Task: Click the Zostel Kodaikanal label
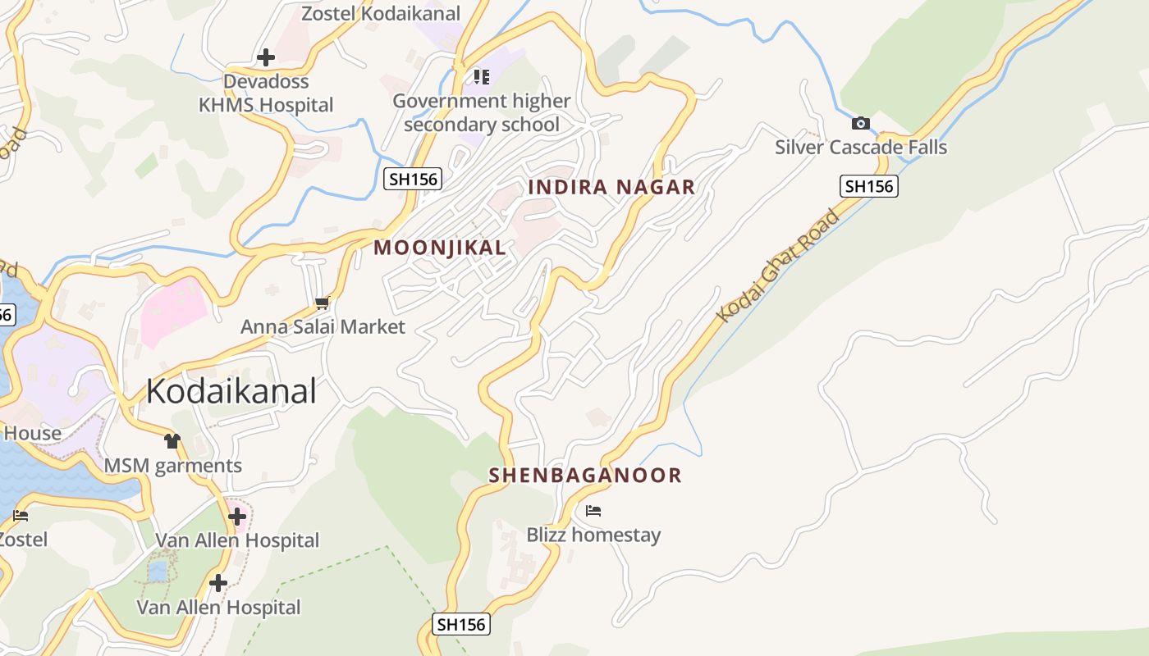(x=381, y=14)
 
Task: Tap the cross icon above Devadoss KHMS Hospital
(x=265, y=57)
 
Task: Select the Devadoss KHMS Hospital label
(x=266, y=93)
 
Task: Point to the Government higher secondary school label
(x=481, y=112)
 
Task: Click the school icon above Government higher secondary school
(x=481, y=77)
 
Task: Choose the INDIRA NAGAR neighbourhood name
(x=611, y=187)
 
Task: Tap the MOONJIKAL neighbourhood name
(x=440, y=248)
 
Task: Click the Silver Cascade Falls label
(x=861, y=148)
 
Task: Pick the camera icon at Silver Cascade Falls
(x=860, y=124)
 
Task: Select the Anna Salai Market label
(x=323, y=327)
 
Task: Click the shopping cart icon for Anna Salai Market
(x=322, y=303)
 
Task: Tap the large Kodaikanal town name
(x=231, y=391)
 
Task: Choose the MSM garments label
(x=172, y=466)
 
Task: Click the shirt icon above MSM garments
(x=172, y=441)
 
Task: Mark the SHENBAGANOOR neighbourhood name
(x=585, y=476)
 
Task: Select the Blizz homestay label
(x=593, y=535)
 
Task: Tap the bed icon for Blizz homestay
(x=593, y=511)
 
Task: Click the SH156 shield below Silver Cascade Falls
(x=869, y=186)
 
